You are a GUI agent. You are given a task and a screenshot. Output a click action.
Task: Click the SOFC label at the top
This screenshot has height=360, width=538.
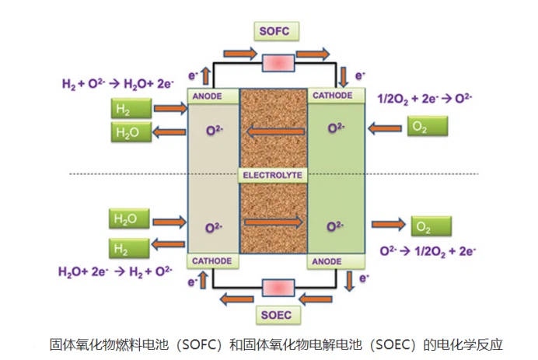(x=276, y=32)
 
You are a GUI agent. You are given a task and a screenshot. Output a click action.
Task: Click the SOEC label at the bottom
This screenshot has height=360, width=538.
(x=278, y=316)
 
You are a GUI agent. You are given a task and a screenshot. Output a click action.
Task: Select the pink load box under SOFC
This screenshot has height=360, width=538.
(x=277, y=62)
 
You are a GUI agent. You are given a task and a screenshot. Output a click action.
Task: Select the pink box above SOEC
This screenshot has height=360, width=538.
(x=277, y=288)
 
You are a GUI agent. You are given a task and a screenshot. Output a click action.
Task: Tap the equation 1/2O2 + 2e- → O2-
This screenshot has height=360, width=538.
(x=425, y=99)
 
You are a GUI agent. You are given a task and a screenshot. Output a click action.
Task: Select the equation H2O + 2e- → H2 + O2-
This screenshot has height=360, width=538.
(x=115, y=271)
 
